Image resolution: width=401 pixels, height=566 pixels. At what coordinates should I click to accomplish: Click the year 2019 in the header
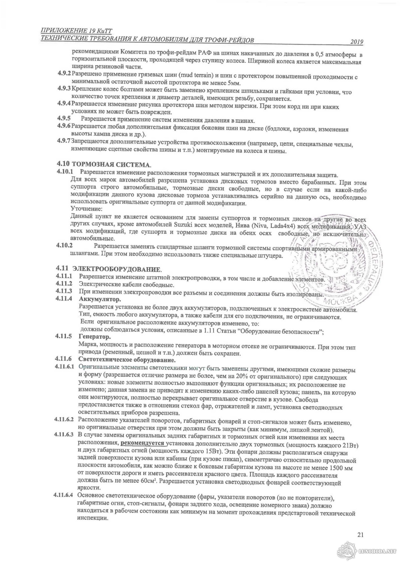357,42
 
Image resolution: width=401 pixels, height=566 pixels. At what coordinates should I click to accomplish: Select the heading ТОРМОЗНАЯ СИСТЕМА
111,164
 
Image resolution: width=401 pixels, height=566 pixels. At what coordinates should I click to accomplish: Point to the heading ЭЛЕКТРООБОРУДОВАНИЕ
117,268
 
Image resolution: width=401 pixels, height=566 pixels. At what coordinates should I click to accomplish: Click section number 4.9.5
64,120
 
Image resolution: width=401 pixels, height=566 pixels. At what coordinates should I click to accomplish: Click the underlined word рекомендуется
143,443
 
